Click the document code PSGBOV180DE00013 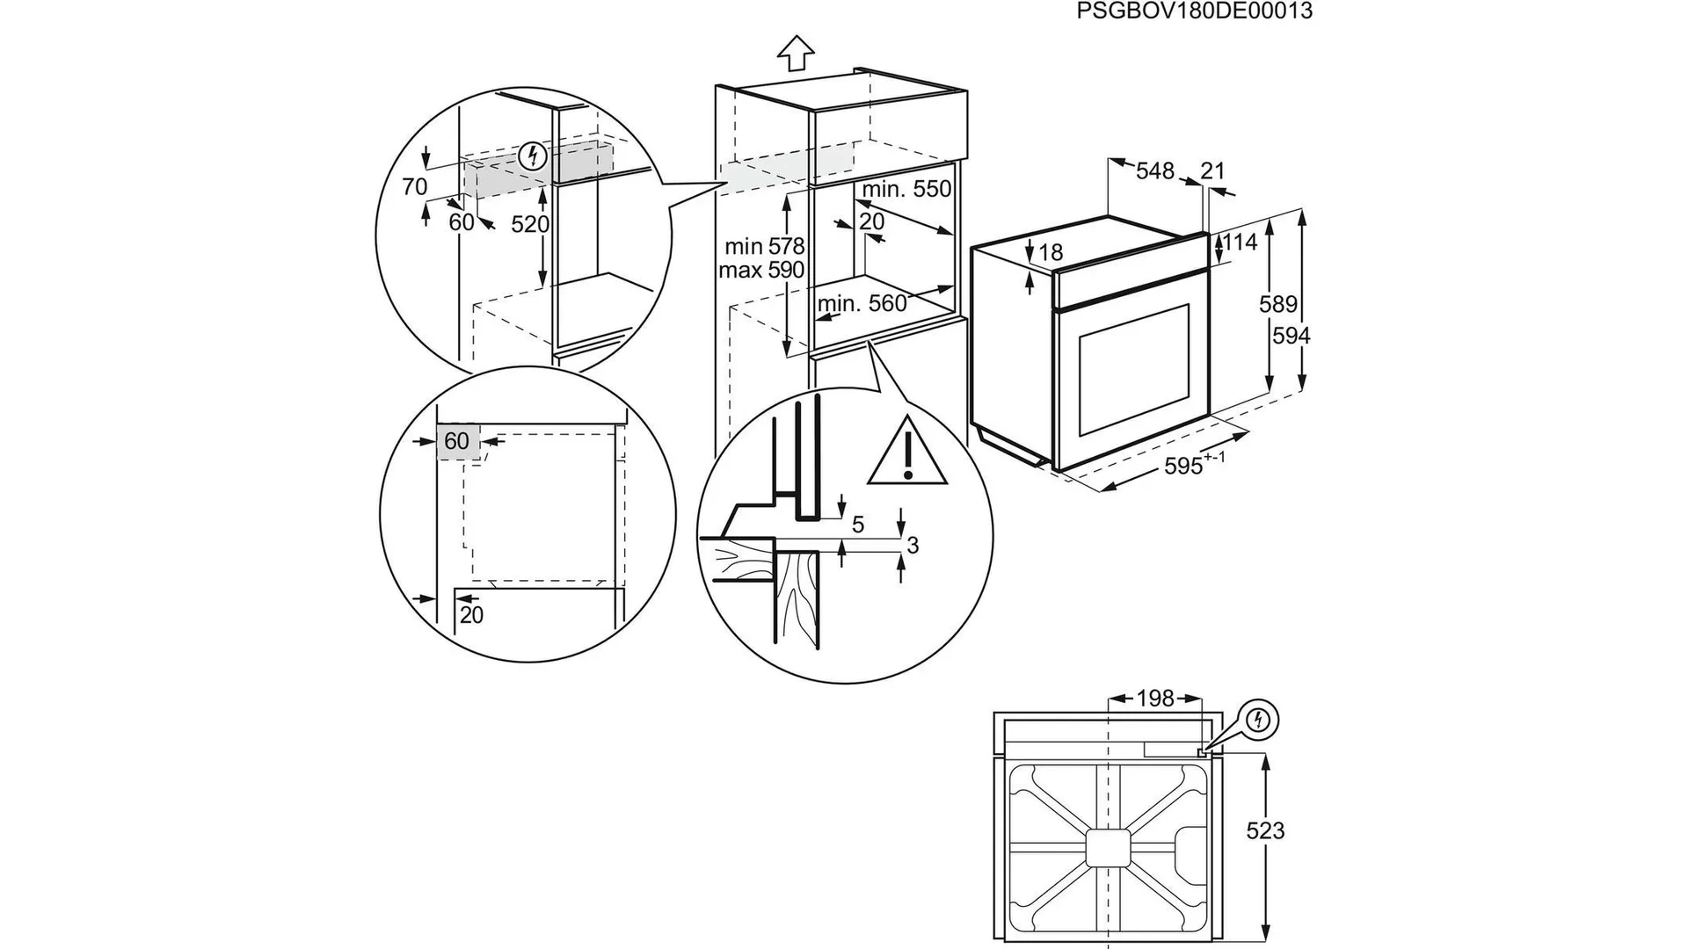coord(1194,11)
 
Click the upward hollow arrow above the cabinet coord(796,52)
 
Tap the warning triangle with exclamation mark coord(907,453)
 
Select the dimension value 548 coord(1154,171)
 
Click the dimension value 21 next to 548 coord(1212,170)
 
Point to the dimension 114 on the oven coord(1241,243)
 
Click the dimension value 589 coord(1278,304)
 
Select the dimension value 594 coord(1291,336)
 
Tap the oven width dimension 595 coord(1184,466)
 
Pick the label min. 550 coord(906,189)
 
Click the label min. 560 coord(862,304)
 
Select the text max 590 coord(761,270)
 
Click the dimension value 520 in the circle coord(530,225)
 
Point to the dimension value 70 coord(414,187)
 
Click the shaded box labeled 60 coord(457,441)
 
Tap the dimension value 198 coord(1155,699)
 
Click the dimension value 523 coord(1265,830)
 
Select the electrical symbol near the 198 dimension coord(1260,721)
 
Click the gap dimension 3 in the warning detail coord(913,546)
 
